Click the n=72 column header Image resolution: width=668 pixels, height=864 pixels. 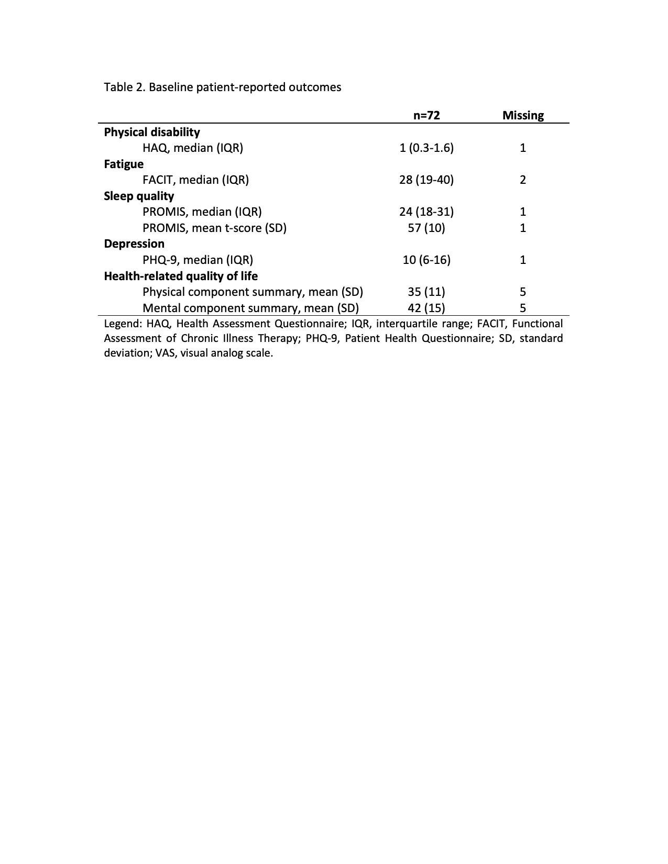(426, 115)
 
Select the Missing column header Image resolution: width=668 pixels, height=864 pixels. (523, 115)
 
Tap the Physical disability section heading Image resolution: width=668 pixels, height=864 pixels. (152, 132)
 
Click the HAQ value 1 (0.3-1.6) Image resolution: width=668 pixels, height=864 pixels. (426, 148)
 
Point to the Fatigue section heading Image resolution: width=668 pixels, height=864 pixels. (124, 164)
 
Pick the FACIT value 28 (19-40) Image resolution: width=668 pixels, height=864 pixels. (426, 180)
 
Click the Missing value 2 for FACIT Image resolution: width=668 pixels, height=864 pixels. (523, 180)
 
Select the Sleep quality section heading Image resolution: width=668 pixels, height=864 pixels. (139, 196)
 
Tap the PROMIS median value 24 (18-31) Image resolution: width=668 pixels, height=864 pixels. (426, 212)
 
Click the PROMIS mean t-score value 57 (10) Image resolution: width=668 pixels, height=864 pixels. (426, 228)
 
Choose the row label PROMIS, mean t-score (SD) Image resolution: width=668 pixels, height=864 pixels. (214, 228)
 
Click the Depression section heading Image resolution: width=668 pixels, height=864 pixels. (134, 243)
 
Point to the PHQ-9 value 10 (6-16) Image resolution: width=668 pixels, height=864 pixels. (426, 260)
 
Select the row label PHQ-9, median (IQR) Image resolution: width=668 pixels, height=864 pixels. (198, 260)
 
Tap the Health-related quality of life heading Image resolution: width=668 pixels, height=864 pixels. (181, 276)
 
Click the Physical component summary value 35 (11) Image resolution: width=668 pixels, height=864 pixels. (426, 292)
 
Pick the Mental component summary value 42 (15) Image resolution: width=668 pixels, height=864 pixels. (426, 308)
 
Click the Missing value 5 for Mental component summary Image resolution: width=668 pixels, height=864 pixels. (523, 308)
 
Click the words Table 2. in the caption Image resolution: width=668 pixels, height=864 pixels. (125, 87)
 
